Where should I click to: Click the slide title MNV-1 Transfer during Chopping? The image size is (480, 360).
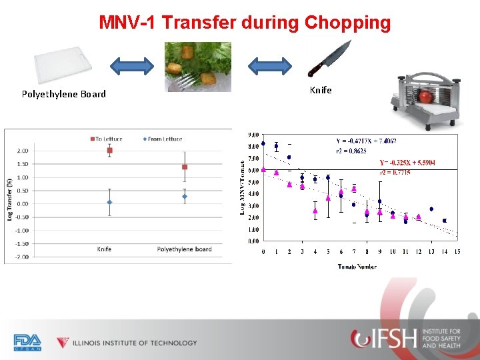245,22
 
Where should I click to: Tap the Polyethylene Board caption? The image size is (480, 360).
63,94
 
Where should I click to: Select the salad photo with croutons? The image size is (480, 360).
198,67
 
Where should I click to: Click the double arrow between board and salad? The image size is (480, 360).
132,65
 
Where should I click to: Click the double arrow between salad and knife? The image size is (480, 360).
269,65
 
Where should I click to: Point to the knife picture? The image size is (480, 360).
329,59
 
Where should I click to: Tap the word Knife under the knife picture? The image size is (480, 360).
321,89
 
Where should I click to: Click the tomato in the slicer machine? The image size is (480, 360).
425,97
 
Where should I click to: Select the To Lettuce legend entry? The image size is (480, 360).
107,139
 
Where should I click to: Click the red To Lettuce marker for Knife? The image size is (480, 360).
109,151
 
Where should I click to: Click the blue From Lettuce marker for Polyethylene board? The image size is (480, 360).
185,197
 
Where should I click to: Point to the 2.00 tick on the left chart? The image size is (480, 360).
22,151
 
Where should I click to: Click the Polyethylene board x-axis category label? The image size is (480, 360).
184,249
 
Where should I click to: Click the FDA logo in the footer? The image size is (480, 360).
27,342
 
